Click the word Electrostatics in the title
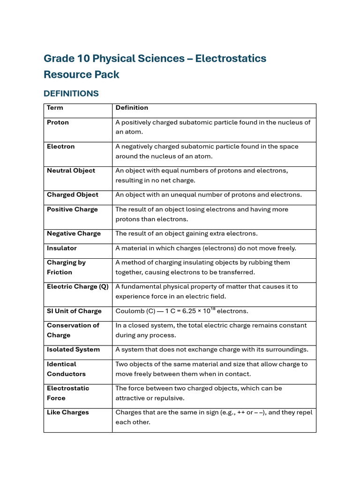(231, 59)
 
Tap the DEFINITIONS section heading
(71, 93)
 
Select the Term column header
(55, 108)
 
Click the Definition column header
(132, 108)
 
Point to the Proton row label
(58, 122)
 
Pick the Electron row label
(60, 147)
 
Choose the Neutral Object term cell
(71, 171)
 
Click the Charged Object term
(73, 195)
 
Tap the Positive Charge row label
(72, 210)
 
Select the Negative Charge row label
(74, 233)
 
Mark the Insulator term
(61, 248)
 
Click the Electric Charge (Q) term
(77, 287)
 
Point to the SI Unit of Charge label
(74, 311)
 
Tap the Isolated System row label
(73, 350)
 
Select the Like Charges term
(67, 412)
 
